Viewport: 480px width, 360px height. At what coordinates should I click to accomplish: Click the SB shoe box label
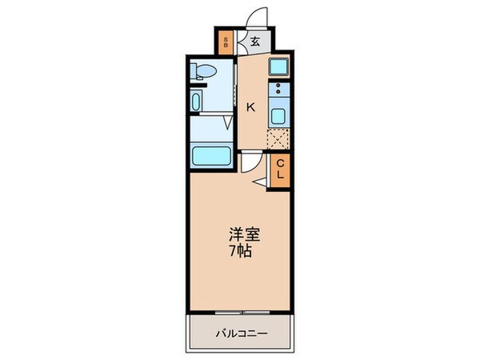coord(226,42)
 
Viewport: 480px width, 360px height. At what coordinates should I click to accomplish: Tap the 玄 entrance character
coord(254,42)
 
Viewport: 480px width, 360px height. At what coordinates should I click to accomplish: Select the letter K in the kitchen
coord(250,106)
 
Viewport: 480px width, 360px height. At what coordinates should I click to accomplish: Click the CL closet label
coord(280,170)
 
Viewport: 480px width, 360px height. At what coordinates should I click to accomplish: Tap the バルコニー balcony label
coord(239,330)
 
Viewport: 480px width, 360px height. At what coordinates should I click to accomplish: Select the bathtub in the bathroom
coord(213,156)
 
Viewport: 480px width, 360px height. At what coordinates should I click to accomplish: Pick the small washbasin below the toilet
coord(197,102)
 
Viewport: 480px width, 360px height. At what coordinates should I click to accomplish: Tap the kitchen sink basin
coord(279,115)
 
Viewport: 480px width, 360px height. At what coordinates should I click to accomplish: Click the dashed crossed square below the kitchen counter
coord(278,138)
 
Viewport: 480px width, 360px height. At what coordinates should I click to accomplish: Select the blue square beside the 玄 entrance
coord(279,66)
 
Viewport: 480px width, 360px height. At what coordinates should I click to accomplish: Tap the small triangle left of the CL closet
coord(261,184)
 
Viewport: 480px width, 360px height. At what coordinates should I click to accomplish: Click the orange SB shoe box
coord(226,42)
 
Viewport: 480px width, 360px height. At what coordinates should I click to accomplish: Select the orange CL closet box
coord(280,170)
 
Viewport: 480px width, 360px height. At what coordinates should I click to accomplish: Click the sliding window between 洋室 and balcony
coord(240,310)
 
